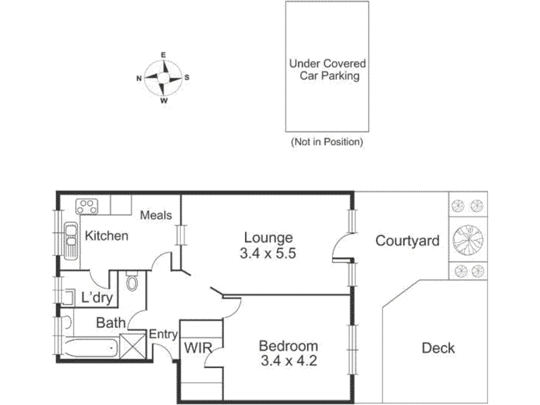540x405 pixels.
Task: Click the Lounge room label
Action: click(x=268, y=238)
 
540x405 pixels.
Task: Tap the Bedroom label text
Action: click(x=288, y=346)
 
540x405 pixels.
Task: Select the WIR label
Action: click(x=198, y=348)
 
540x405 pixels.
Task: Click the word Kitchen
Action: click(x=107, y=236)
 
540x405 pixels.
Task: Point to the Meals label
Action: click(x=156, y=215)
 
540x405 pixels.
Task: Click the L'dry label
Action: click(x=97, y=297)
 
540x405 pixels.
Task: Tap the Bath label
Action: click(x=111, y=323)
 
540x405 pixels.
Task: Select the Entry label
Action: click(x=163, y=334)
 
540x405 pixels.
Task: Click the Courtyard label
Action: click(x=408, y=241)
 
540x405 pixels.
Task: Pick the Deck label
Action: click(x=438, y=348)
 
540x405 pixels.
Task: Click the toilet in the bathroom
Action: click(x=132, y=281)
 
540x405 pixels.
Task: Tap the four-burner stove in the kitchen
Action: click(x=87, y=207)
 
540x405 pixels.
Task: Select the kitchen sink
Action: click(x=71, y=240)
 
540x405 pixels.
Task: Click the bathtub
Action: click(x=91, y=348)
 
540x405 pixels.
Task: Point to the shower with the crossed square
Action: click(x=132, y=346)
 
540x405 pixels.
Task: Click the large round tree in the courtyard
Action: click(x=468, y=240)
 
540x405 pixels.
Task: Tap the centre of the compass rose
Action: click(x=163, y=78)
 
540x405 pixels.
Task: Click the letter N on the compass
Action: click(x=139, y=78)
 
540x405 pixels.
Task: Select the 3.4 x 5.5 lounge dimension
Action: click(x=268, y=254)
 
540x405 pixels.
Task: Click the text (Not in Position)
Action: click(x=327, y=142)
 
